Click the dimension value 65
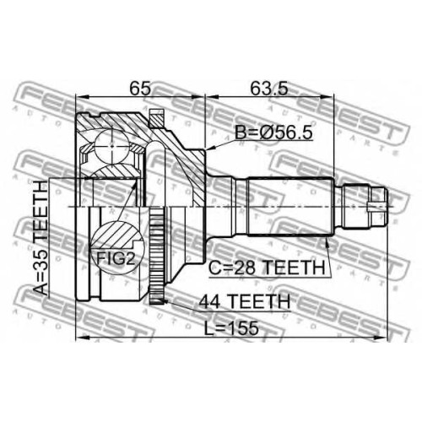click(140, 89)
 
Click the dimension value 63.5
click(269, 89)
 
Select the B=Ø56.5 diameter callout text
click(273, 132)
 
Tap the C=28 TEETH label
click(267, 268)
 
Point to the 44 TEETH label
click(244, 301)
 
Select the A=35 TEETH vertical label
click(41, 238)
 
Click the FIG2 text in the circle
click(116, 258)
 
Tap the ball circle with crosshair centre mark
click(112, 146)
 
